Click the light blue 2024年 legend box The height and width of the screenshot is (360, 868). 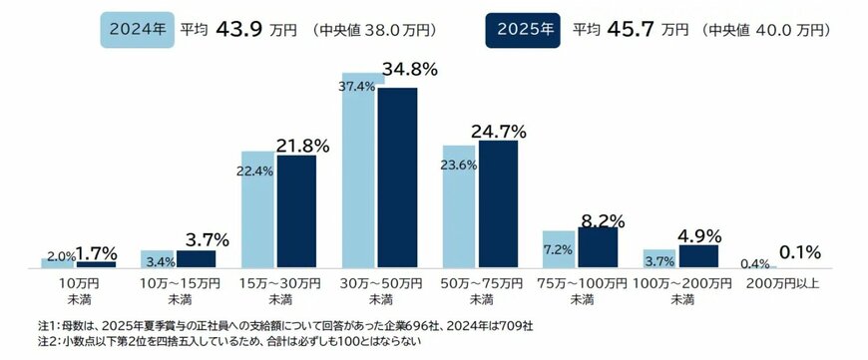point(136,29)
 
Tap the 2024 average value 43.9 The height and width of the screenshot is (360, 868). point(233,29)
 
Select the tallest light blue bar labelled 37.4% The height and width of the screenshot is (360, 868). point(360,170)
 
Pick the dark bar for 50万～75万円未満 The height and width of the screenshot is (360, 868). point(498,204)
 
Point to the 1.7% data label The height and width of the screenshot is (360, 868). point(98,253)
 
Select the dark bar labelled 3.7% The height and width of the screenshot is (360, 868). point(197,258)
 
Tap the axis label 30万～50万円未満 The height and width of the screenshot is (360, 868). point(380,291)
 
